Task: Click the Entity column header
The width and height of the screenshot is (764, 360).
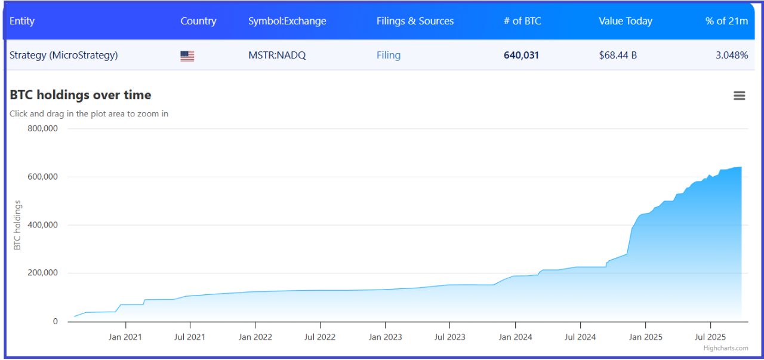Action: (22, 21)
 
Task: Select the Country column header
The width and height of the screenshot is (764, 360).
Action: (198, 21)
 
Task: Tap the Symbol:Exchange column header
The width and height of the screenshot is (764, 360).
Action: (287, 21)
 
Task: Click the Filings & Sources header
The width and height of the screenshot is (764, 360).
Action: (415, 21)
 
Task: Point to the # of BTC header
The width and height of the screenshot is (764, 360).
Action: (522, 21)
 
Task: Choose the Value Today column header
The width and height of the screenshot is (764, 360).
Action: (626, 21)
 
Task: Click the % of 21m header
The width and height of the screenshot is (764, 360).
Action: (726, 21)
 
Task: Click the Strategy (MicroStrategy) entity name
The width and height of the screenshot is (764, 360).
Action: (63, 56)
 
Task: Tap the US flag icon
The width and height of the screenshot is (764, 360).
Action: (187, 56)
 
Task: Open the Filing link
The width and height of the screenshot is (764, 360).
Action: (389, 56)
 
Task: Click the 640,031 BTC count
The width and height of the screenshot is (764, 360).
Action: (521, 56)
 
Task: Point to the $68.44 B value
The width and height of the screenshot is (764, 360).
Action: (618, 56)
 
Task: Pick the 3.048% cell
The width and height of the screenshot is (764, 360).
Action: (732, 56)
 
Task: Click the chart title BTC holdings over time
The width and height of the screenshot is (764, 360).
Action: (80, 95)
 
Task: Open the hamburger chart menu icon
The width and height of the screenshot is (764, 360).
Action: (740, 96)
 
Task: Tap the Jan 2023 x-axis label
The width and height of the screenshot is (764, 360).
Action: (385, 337)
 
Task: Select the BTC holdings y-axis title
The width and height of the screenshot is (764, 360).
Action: (17, 225)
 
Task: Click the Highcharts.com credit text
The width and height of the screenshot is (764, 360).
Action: (725, 348)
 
